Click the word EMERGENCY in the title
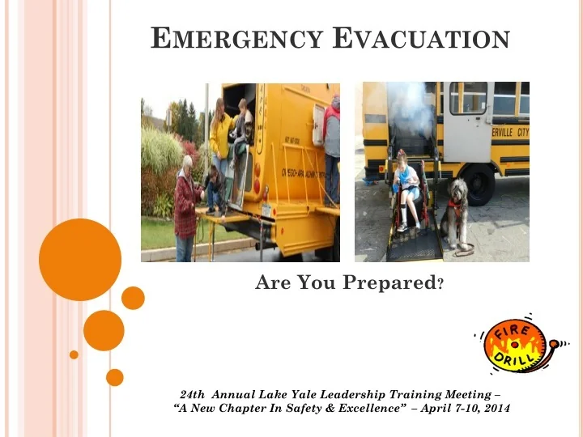point(236,39)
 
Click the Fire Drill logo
point(519,344)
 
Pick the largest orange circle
point(79,260)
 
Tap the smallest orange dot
point(74,354)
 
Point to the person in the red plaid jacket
point(186,206)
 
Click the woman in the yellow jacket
point(220,134)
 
